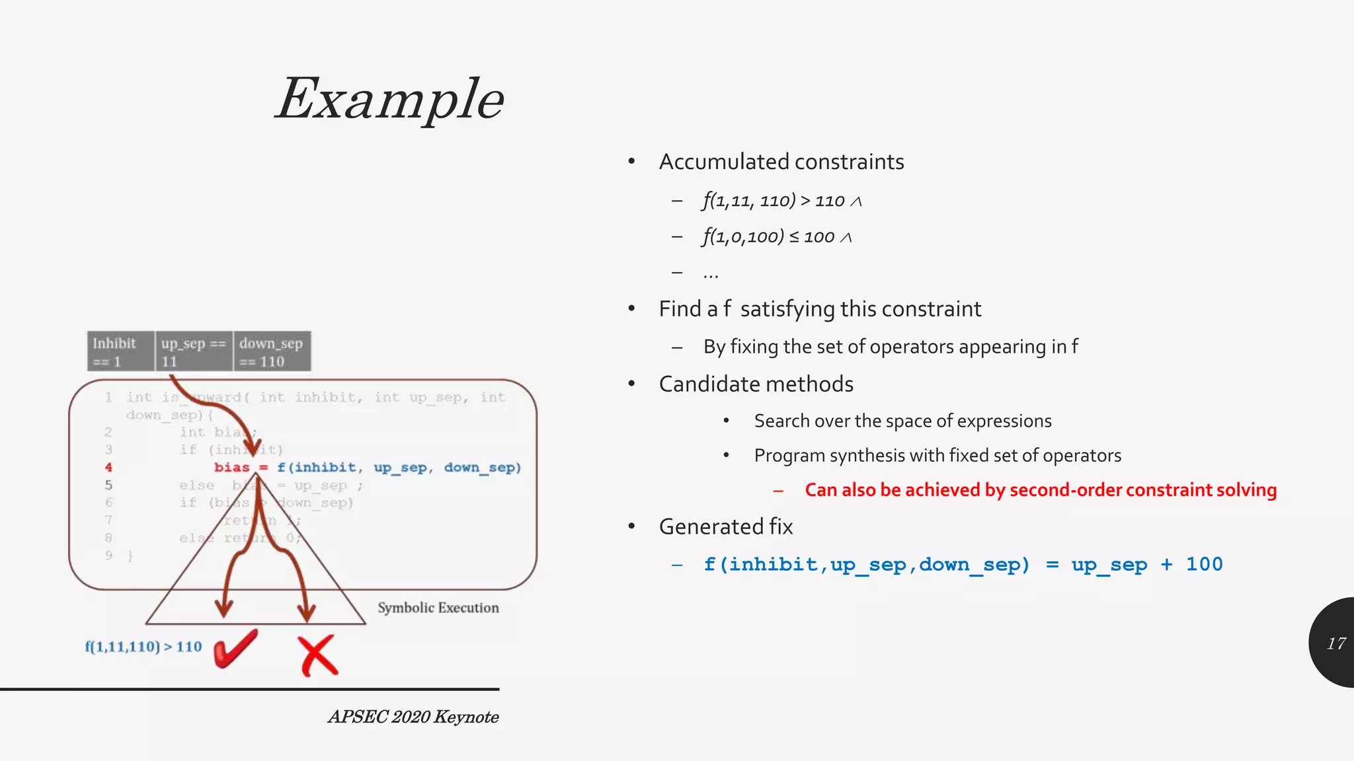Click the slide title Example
390,99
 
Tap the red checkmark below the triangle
235,649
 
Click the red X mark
318,655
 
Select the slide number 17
1336,643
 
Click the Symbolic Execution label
438,608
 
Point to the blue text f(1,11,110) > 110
143,647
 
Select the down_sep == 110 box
271,352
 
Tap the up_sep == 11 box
193,352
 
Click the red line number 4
108,468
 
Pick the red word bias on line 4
231,468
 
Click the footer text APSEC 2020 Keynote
413,717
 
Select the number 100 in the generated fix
1204,565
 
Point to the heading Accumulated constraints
781,162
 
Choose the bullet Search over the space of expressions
902,421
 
